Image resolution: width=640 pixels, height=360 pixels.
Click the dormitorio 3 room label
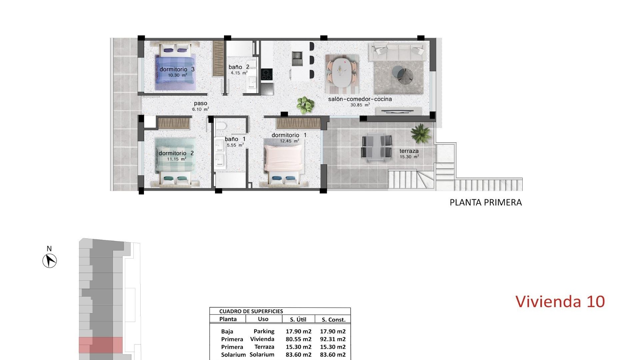(177, 69)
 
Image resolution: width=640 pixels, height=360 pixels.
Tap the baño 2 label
(239, 67)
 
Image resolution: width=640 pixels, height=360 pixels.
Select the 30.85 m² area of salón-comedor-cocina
(360, 105)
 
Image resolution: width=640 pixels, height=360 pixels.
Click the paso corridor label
(200, 104)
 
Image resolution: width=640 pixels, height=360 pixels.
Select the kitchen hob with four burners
(266, 74)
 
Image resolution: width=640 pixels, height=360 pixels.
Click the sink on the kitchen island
(296, 59)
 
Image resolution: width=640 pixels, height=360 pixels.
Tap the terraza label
(409, 151)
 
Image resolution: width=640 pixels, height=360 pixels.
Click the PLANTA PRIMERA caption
(486, 202)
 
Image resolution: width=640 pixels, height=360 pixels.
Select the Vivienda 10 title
(560, 301)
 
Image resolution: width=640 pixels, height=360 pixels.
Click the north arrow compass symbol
(50, 260)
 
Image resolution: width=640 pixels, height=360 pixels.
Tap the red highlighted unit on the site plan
(101, 345)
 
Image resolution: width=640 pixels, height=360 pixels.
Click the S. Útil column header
(298, 319)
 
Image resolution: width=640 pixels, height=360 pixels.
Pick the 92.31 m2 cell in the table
(333, 339)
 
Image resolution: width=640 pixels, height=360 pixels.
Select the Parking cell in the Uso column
(264, 331)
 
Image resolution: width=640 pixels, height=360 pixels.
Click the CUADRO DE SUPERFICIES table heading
(251, 311)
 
